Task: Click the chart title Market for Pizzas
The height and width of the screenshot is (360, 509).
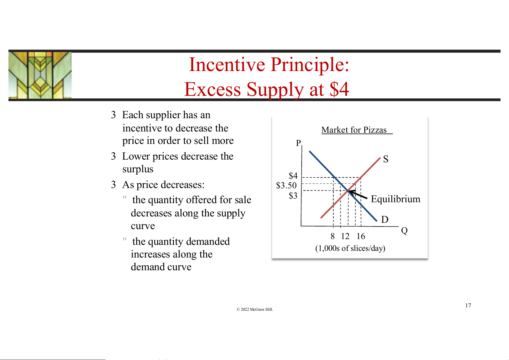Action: click(354, 130)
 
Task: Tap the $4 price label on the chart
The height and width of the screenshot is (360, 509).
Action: click(293, 176)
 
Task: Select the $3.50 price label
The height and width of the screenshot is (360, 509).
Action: click(286, 185)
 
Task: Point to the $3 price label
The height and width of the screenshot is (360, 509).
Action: click(293, 196)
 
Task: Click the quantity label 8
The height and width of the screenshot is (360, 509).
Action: click(333, 236)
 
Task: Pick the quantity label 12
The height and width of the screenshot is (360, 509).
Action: click(345, 236)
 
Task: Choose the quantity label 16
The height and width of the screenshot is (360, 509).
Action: click(361, 236)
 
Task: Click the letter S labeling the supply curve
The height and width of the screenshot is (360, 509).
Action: click(386, 159)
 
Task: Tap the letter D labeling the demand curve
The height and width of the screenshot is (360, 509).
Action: click(385, 219)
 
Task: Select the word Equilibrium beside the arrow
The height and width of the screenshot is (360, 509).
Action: click(396, 199)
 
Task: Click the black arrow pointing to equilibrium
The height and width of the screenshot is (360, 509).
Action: click(358, 195)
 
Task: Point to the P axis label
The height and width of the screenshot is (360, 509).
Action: click(298, 143)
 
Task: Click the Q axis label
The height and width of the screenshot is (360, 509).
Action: click(404, 231)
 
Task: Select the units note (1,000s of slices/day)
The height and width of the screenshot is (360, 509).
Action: click(350, 248)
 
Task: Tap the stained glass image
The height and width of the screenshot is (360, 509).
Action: click(40, 75)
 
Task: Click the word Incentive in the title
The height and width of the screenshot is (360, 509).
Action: click(227, 65)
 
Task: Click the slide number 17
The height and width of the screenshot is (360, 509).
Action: click(468, 305)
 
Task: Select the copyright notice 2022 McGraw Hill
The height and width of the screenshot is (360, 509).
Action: click(255, 309)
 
